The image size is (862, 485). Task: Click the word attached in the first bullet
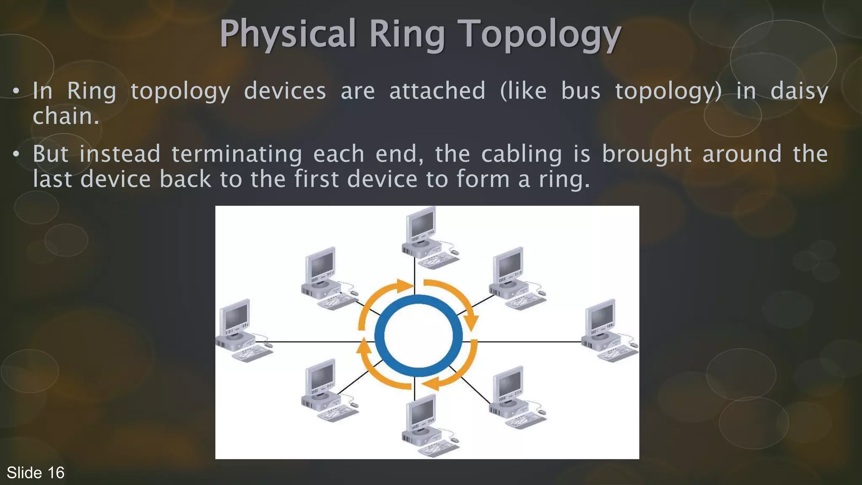click(x=437, y=91)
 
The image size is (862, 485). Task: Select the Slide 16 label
click(x=35, y=473)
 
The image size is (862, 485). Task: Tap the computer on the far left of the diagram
click(x=240, y=330)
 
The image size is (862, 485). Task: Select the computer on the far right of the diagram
click(x=606, y=330)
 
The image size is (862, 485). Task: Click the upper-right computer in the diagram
click(x=513, y=278)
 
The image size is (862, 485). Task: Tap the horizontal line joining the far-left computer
click(x=316, y=342)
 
